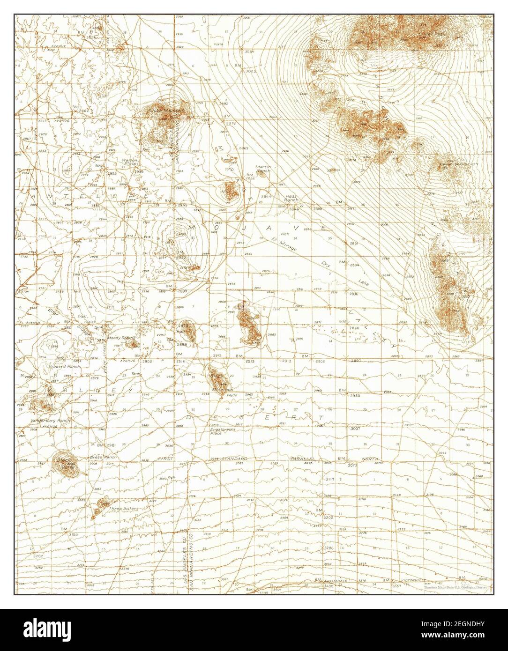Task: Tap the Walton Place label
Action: (129, 162)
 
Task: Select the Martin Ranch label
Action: (263, 169)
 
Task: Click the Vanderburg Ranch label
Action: (51, 421)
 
